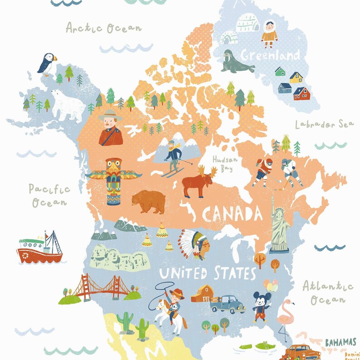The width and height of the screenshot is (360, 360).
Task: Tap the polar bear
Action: [x=67, y=105]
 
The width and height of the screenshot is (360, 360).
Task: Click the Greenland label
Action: [x=270, y=55]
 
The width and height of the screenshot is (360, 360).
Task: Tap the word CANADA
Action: [x=232, y=213]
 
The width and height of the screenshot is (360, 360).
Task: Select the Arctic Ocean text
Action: [x=103, y=28]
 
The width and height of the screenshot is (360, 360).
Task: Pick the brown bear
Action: [x=149, y=202]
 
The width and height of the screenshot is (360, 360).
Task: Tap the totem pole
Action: [x=113, y=181]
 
